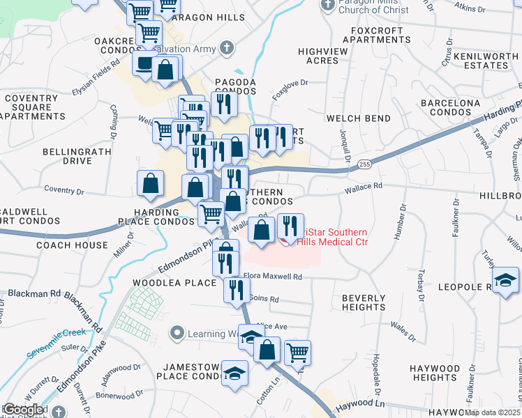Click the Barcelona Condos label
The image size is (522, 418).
coord(450,107)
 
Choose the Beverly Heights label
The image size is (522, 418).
coord(364,302)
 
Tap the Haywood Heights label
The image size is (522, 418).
coord(435,373)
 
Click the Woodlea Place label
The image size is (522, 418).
coord(174,283)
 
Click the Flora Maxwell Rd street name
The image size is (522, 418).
coord(272,277)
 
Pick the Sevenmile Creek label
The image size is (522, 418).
coord(56,341)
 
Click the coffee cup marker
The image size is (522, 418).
coord(144,63)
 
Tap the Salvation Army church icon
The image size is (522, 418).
coord(225,48)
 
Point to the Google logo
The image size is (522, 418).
coord(23,410)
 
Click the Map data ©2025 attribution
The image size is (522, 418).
coord(493,412)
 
